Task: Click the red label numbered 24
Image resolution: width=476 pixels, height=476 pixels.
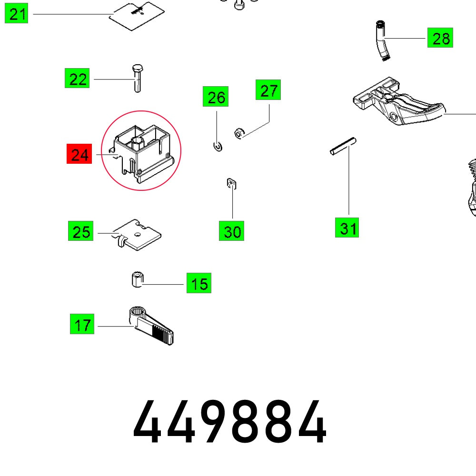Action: tap(79, 155)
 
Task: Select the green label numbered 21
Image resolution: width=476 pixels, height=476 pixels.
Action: tap(17, 14)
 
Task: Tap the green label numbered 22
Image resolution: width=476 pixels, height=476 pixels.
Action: tap(77, 79)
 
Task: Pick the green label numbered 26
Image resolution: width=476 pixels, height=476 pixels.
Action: tap(216, 97)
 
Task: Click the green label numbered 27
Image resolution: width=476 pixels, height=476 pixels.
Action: tap(268, 90)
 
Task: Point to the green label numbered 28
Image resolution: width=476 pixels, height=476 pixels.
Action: tap(440, 38)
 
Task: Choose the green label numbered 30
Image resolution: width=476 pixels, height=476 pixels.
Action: tap(232, 231)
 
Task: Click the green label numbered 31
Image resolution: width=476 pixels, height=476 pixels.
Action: tap(347, 228)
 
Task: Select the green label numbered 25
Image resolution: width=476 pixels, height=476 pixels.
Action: tap(80, 231)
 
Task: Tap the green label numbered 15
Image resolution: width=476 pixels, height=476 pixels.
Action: tap(198, 284)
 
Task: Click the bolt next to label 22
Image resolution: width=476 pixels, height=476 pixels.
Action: tap(137, 78)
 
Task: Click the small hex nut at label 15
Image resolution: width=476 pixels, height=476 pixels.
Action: tap(136, 279)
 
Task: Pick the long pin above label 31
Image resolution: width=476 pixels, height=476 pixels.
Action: tap(343, 147)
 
